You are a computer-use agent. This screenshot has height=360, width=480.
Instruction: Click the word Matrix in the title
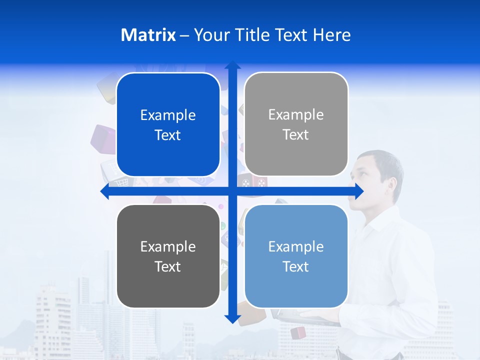point(148,35)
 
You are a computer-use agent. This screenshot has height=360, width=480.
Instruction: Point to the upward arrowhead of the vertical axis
point(232,65)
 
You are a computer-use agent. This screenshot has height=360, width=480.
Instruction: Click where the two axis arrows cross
point(232,191)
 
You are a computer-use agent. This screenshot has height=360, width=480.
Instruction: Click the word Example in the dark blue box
point(168,115)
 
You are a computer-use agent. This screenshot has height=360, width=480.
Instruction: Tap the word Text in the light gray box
point(296,135)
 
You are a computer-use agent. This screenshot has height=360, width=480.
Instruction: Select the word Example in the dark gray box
point(168,246)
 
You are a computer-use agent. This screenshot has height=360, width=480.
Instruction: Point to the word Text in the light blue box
point(296,266)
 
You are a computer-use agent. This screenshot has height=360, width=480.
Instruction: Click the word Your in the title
point(209,35)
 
